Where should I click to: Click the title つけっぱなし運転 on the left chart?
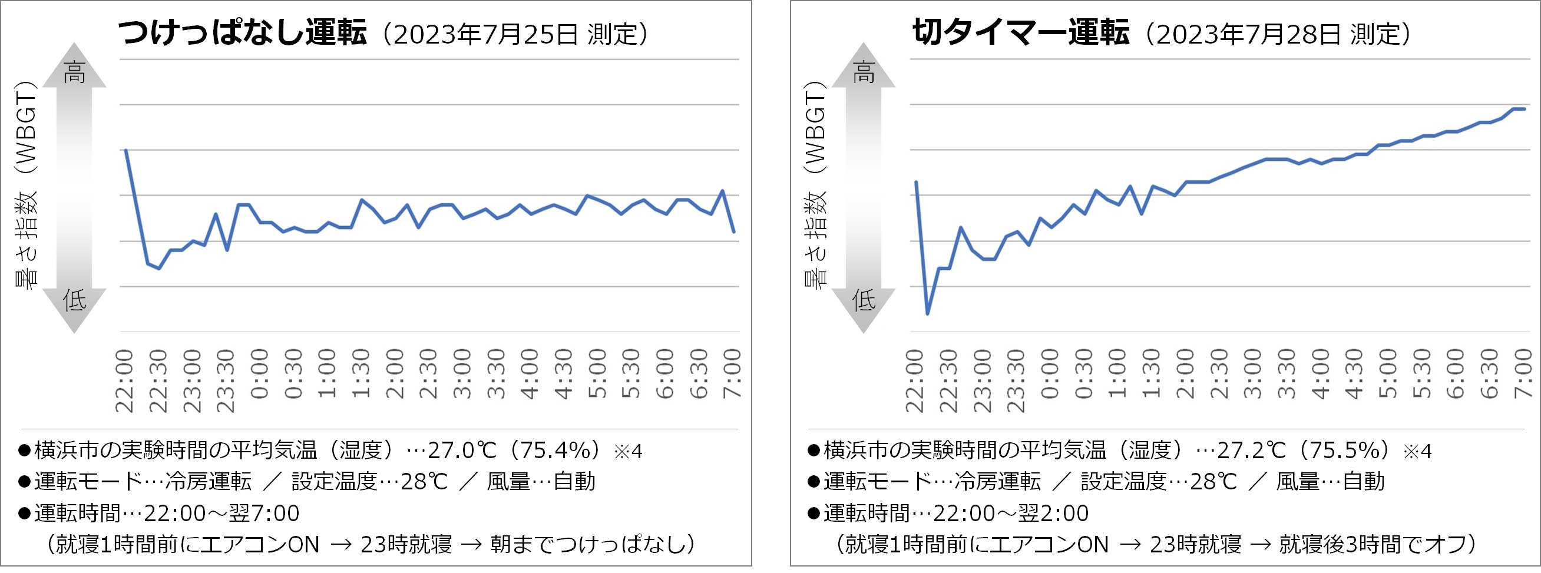(242, 32)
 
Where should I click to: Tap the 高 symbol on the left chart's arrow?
(75, 72)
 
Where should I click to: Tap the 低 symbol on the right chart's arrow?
(863, 299)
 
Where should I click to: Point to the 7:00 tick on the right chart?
(1523, 374)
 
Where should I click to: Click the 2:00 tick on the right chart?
(1185, 374)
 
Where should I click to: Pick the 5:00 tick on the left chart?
(597, 374)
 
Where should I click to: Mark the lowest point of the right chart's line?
(927, 313)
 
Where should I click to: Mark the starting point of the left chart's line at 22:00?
(125, 150)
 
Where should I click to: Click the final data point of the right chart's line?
(1525, 109)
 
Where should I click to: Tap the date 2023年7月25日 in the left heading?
(486, 35)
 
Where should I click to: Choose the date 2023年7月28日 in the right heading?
(1248, 35)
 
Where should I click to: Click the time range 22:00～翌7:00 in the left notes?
(221, 513)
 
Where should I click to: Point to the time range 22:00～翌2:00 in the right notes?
(1011, 513)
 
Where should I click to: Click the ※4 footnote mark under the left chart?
(628, 452)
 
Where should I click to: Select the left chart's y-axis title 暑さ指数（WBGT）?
(26, 186)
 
